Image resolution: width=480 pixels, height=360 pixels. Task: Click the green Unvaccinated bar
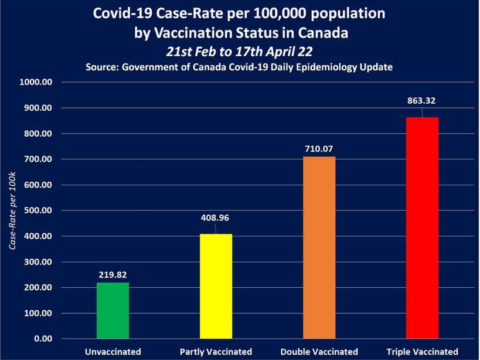[113, 311]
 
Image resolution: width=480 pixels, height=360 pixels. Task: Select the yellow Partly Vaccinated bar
[216, 287]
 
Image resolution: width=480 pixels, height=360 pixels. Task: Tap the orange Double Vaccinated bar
[319, 247]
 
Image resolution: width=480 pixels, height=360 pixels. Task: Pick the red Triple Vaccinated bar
[422, 228]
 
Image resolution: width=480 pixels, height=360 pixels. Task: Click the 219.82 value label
[113, 274]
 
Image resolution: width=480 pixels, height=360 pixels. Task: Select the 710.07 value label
[319, 148]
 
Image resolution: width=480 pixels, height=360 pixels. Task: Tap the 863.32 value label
[422, 100]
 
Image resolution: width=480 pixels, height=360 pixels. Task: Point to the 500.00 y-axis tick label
[40, 210]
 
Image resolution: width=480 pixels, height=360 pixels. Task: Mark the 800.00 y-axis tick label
[40, 134]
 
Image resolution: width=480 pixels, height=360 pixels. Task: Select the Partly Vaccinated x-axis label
[216, 352]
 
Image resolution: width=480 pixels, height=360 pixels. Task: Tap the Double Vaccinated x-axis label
[319, 352]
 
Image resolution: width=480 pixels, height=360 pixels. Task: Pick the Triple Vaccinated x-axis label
[422, 352]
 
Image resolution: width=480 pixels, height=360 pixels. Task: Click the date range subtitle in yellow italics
[239, 51]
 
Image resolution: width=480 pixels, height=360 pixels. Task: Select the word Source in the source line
[103, 67]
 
